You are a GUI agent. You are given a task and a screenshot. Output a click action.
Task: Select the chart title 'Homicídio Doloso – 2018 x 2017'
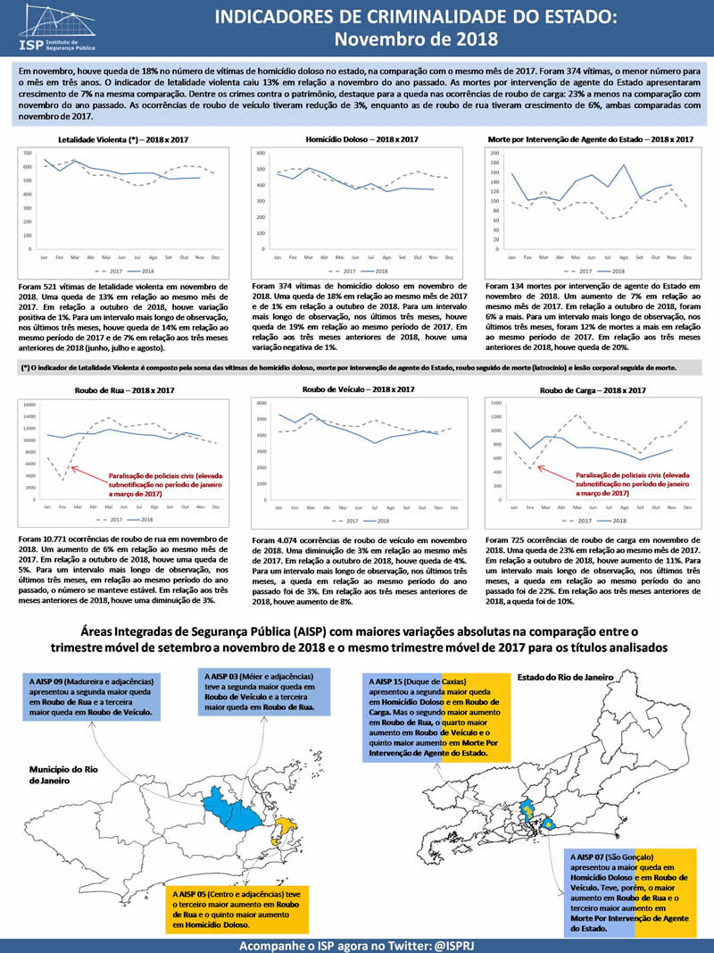(361, 140)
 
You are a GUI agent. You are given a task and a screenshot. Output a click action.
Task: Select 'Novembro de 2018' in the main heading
(416, 39)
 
